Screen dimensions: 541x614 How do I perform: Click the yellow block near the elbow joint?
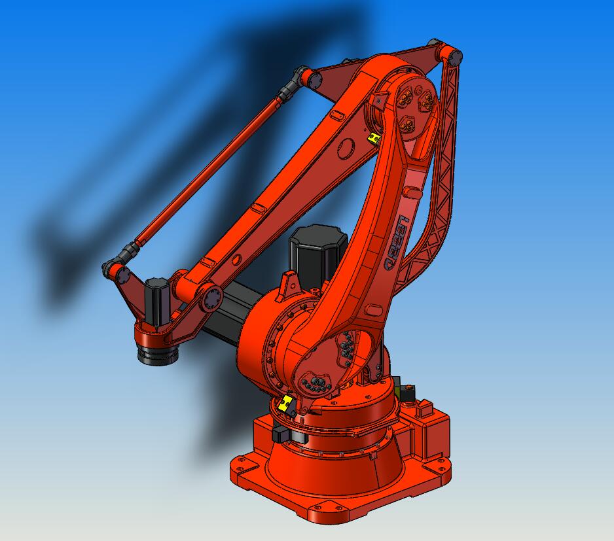(374, 137)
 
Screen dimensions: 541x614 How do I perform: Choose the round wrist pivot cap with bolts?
(212, 299)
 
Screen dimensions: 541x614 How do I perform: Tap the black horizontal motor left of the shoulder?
(226, 314)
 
